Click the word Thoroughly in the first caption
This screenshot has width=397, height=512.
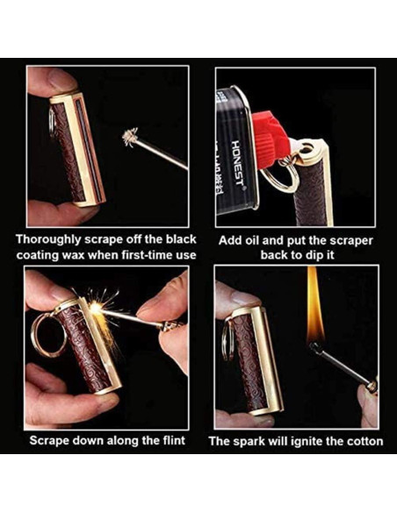[x=48, y=239]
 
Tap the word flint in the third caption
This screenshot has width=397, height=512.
[x=174, y=440]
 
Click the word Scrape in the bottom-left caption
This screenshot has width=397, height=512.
[x=49, y=441]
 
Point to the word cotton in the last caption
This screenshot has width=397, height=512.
[x=365, y=442]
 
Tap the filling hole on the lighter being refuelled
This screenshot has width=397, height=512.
[x=307, y=149]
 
